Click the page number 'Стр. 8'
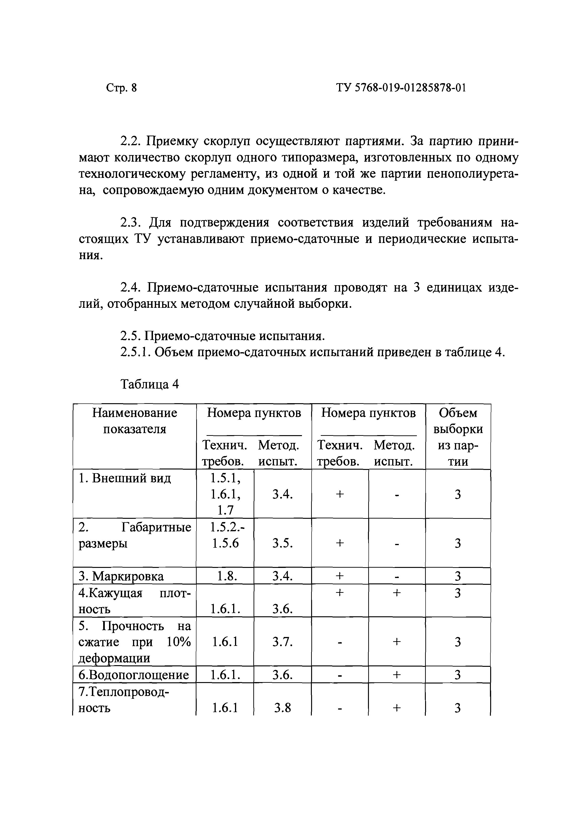pos(121,88)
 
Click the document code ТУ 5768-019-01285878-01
pos(401,88)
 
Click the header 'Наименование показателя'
pos(135,421)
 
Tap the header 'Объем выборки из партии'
pos(458,437)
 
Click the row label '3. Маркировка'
pos(121,576)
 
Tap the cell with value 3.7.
pos(282,642)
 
